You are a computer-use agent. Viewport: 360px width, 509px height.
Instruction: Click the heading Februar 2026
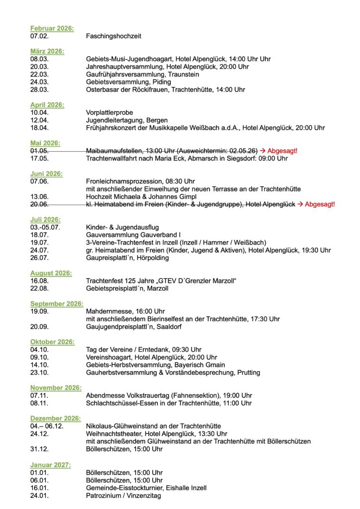(52, 28)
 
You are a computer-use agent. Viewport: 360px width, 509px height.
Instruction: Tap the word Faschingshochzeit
(113, 36)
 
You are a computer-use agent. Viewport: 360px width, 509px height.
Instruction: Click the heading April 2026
(47, 105)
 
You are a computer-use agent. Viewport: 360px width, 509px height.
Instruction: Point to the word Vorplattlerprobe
(109, 112)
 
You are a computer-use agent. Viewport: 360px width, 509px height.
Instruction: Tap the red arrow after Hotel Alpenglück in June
(300, 204)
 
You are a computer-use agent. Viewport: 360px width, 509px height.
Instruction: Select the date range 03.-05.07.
(45, 227)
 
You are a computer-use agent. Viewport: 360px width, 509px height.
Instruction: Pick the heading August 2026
(51, 273)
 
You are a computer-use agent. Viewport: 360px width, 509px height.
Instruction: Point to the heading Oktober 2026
(52, 342)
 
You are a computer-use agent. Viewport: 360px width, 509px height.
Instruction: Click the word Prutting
(249, 372)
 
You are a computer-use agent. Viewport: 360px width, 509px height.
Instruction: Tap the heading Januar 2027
(50, 465)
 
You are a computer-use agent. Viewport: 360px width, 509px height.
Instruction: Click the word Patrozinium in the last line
(104, 495)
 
